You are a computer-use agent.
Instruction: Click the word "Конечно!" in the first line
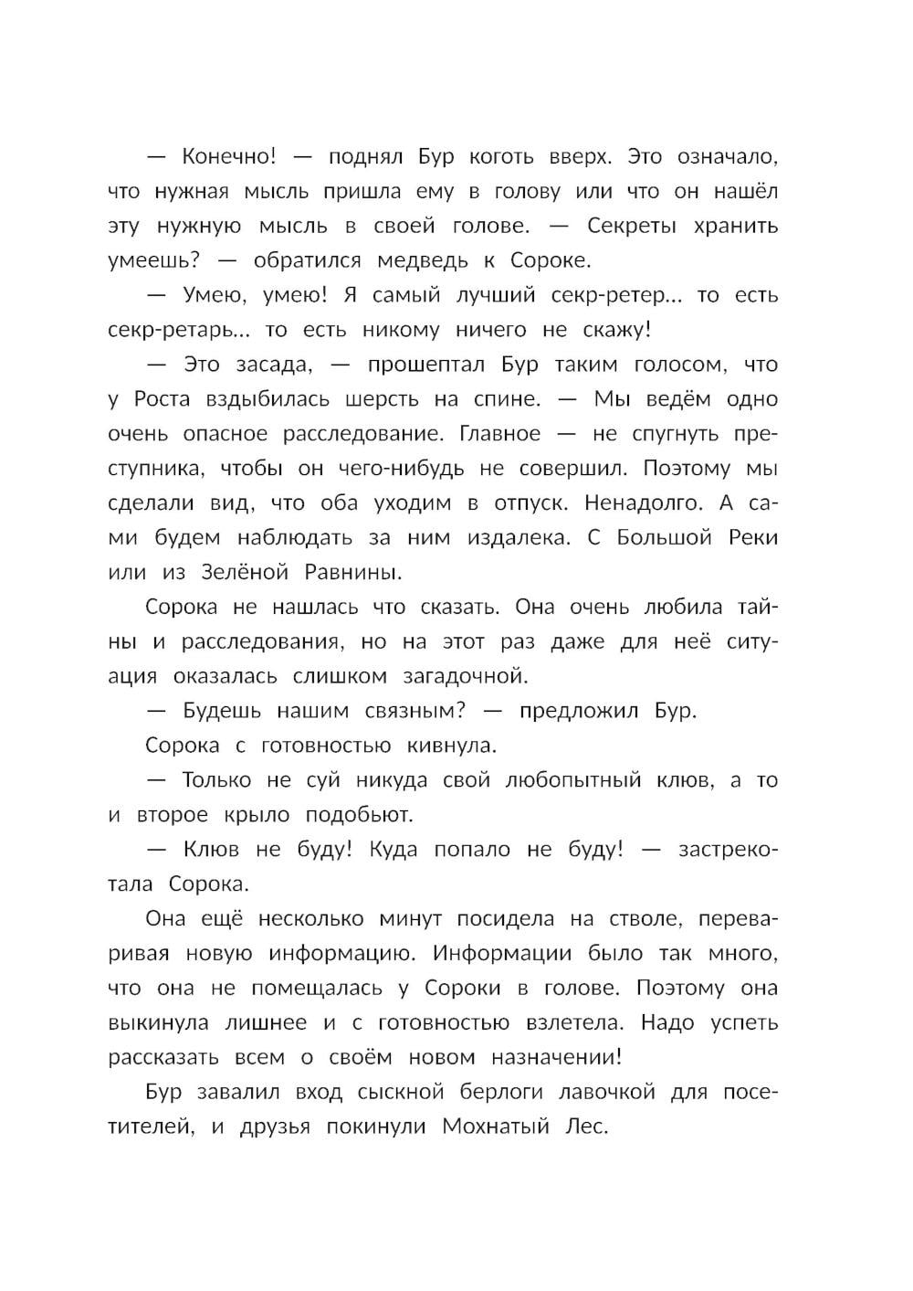(x=228, y=156)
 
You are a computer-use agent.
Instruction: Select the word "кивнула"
(x=445, y=746)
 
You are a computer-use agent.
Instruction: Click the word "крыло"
(x=257, y=815)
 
